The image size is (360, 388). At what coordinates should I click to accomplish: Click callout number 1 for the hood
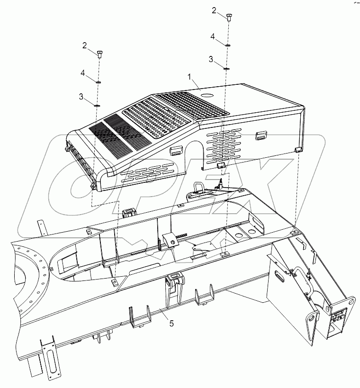[189, 77]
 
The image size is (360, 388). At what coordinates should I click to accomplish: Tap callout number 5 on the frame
[171, 323]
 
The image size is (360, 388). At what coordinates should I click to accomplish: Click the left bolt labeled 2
[100, 54]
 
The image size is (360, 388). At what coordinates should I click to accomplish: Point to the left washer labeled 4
[98, 82]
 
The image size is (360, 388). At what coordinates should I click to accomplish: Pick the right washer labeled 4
[228, 45]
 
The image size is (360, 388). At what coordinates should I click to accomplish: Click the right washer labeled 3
[226, 68]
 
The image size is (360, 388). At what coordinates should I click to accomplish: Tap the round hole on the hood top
[207, 95]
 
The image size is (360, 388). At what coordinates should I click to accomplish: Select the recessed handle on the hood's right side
[261, 135]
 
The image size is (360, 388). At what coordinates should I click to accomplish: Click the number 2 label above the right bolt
[214, 10]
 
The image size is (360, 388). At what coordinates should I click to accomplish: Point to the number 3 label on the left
[81, 97]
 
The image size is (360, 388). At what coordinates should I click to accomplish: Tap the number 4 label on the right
[213, 36]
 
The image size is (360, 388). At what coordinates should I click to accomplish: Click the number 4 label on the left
[82, 73]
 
